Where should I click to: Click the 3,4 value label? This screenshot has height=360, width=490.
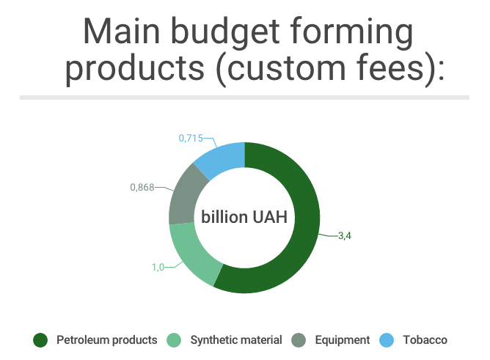[345, 236]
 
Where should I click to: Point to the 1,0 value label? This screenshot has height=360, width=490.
[158, 268]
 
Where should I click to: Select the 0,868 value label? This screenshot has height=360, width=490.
[142, 188]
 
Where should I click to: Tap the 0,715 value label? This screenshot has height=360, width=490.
[191, 138]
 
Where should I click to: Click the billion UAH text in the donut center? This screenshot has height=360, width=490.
[244, 217]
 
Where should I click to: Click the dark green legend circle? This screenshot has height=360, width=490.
[40, 340]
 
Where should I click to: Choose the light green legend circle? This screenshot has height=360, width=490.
[174, 340]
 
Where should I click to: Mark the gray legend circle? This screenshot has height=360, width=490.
[299, 340]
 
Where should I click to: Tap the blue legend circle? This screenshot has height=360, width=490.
[387, 340]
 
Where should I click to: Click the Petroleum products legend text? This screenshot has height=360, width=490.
[107, 340]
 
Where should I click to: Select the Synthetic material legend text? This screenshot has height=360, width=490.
[236, 340]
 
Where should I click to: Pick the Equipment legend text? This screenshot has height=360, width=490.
[343, 340]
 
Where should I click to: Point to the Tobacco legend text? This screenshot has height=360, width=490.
[425, 340]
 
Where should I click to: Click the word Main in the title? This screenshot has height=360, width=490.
[122, 32]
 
